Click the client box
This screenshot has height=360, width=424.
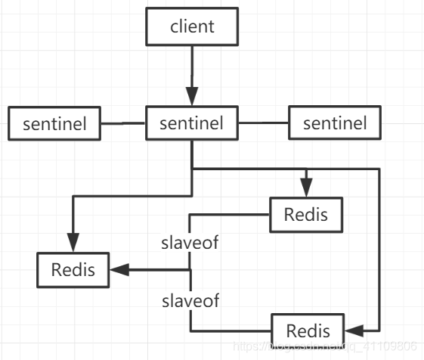[192, 28]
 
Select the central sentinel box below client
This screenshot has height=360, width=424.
[192, 123]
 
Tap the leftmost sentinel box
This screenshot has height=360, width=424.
[54, 124]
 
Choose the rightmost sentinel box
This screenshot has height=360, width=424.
[334, 123]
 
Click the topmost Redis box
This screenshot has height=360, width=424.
[306, 213]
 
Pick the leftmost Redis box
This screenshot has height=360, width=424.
[73, 269]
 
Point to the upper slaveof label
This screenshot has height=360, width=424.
[190, 244]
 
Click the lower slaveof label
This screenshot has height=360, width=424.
[190, 301]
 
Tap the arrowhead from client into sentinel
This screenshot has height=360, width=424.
[192, 97]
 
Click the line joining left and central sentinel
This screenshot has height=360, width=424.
[123, 123]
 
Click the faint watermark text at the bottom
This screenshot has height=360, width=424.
[325, 346]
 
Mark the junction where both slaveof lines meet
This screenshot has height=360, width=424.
[190, 269]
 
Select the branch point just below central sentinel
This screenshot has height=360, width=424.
[192, 169]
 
